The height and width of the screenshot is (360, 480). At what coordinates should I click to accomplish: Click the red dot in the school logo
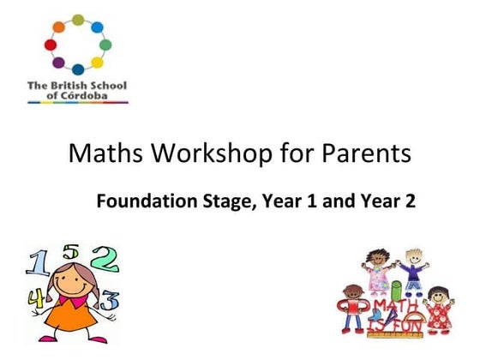tap(50, 44)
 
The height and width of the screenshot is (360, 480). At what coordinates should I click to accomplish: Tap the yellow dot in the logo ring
tap(97, 62)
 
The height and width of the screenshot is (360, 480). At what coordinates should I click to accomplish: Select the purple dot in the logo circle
tap(58, 62)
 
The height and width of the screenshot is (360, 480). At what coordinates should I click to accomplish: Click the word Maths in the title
tap(99, 154)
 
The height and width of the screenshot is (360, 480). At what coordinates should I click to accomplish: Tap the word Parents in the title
tap(351, 154)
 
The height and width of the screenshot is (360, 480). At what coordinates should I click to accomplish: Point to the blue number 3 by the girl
tap(110, 300)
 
